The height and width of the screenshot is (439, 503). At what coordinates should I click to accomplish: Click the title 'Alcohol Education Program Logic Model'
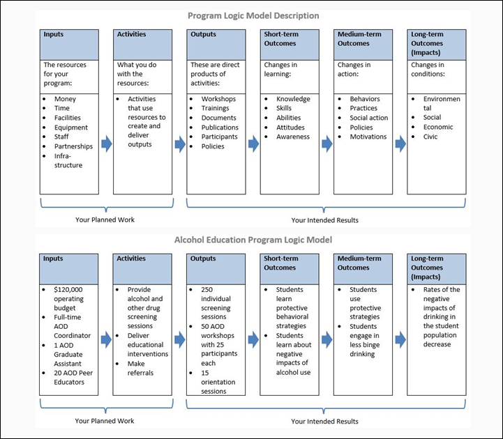click(253, 240)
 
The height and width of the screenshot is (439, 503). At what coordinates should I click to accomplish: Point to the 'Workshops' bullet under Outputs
click(218, 99)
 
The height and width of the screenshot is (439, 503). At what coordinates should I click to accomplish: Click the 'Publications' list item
click(220, 128)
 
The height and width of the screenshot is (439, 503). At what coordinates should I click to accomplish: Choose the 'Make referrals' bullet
click(144, 368)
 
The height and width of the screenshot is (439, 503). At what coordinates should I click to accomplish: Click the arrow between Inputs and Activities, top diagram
click(107, 144)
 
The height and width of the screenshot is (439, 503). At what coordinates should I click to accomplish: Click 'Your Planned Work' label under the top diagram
click(105, 220)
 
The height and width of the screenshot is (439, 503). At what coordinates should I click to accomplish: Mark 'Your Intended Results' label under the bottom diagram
click(324, 421)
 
